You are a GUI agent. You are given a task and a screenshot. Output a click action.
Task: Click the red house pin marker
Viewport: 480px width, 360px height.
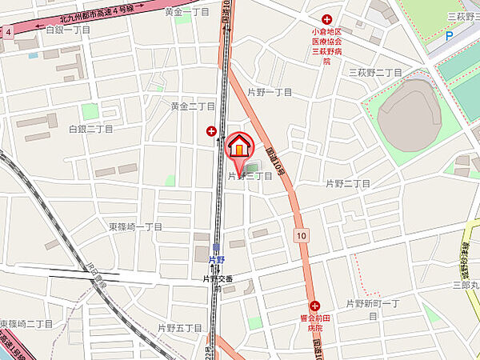(x=239, y=147)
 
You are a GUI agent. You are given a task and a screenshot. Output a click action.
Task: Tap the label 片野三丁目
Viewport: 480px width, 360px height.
(x=250, y=176)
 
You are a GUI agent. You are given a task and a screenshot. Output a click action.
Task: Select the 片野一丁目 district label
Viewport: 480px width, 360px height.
(x=270, y=93)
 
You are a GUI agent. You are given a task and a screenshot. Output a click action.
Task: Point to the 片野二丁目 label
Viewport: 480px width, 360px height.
(x=348, y=184)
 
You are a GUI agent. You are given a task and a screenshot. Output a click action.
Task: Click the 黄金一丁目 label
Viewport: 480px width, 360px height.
(x=186, y=13)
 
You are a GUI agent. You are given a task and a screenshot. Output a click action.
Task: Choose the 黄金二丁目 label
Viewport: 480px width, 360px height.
(x=193, y=106)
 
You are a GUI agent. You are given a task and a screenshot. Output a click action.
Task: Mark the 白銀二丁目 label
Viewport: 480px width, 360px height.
(x=90, y=128)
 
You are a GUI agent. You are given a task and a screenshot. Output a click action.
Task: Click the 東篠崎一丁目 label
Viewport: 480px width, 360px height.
(x=136, y=227)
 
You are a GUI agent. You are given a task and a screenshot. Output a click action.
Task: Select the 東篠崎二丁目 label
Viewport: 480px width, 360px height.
(x=26, y=323)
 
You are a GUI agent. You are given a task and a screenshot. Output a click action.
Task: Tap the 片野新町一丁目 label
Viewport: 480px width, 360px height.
(x=373, y=304)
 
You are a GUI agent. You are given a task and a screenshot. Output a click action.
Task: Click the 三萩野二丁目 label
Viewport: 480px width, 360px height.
(x=374, y=72)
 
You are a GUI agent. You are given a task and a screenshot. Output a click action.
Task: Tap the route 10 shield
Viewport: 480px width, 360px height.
(x=300, y=236)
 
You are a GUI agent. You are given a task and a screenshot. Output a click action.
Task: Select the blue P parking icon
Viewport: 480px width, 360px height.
(x=448, y=35)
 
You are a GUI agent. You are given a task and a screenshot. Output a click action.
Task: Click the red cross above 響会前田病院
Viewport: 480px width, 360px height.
(x=314, y=306)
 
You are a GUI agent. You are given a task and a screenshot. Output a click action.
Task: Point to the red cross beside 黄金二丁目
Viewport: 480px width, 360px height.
(x=211, y=130)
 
